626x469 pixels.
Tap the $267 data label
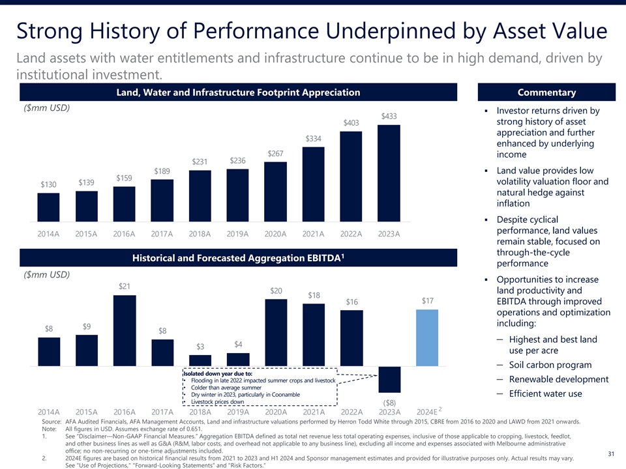tap(275, 154)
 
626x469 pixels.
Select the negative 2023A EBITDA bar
tap(389, 380)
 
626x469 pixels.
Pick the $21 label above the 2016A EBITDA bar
tap(125, 287)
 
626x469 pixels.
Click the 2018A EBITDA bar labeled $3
tap(200, 360)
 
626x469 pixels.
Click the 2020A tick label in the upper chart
tap(276, 234)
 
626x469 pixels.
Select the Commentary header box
tap(546, 92)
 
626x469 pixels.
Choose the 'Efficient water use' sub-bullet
tap(546, 394)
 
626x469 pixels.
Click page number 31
tap(611, 454)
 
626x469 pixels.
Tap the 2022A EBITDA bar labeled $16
tap(351, 339)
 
